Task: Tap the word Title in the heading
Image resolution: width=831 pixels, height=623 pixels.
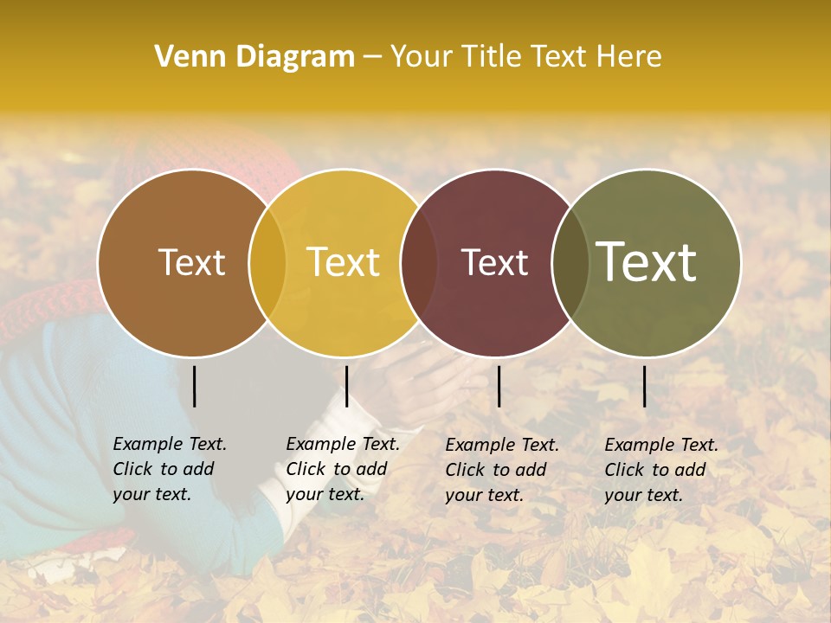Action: click(491, 57)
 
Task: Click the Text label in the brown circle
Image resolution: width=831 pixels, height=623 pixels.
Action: click(191, 262)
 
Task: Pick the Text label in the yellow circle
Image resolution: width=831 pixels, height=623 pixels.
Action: click(343, 262)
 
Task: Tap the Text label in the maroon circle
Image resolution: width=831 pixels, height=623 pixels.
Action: click(494, 262)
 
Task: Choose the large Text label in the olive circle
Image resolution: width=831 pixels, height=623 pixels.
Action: click(647, 261)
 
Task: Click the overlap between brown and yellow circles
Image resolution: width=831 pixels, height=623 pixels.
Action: click(267, 262)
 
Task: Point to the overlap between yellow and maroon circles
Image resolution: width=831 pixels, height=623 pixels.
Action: click(419, 262)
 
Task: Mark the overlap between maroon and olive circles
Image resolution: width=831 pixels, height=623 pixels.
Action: click(570, 262)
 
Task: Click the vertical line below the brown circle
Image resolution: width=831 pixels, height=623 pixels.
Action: click(194, 386)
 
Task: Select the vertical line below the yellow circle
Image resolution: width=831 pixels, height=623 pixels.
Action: click(346, 386)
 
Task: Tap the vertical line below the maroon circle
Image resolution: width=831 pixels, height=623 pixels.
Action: click(499, 386)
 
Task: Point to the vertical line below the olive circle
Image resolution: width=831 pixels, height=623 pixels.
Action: click(644, 386)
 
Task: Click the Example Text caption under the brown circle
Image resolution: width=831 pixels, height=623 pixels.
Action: click(170, 469)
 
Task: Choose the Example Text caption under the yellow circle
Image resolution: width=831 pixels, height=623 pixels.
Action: click(343, 469)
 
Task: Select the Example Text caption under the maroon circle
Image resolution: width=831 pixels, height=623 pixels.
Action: click(502, 470)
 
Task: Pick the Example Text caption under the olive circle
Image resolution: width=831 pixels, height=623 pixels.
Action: click(661, 470)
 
